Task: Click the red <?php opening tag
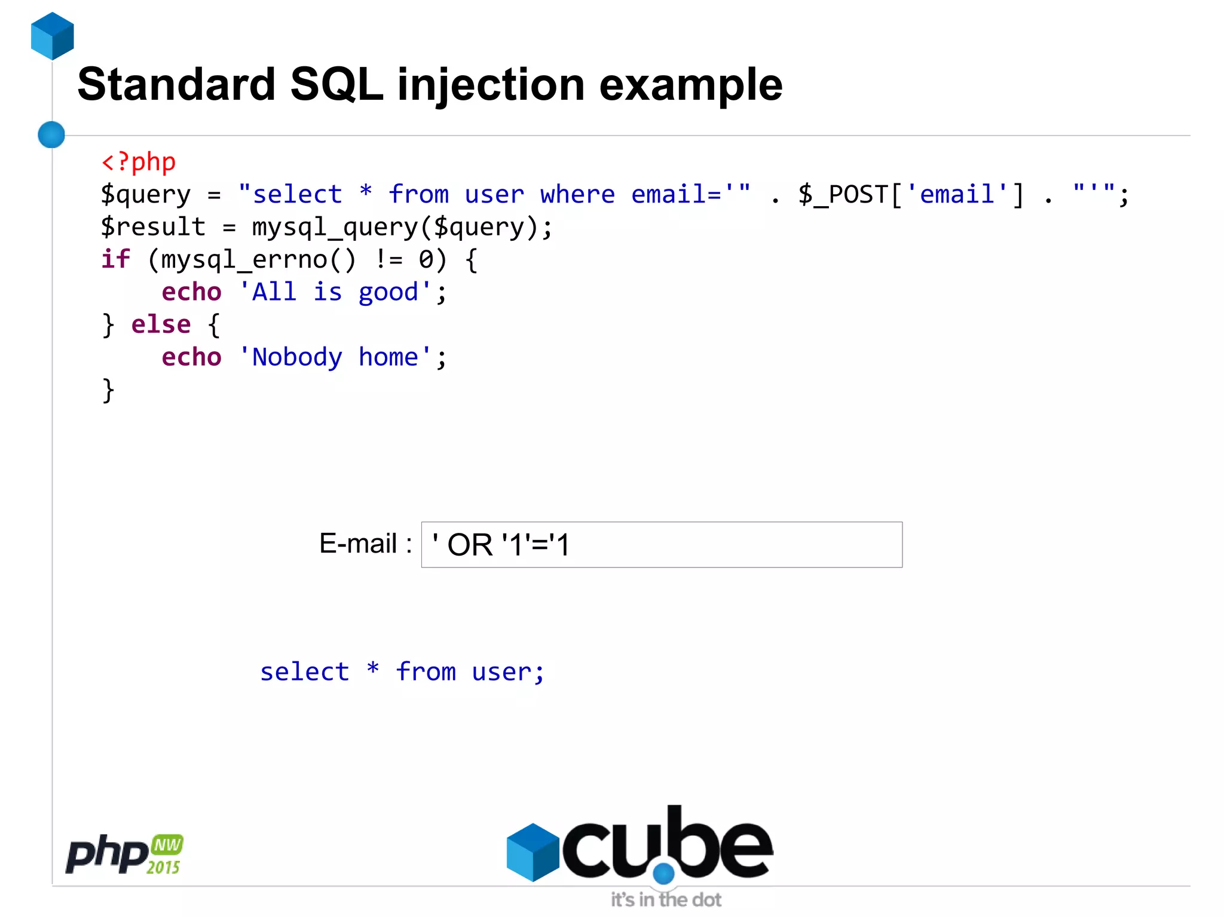[x=139, y=162]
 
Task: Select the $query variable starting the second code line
[x=146, y=195]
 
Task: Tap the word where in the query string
[x=577, y=195]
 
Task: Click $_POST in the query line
[x=843, y=195]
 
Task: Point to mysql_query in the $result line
[x=335, y=228]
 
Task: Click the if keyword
[x=115, y=259]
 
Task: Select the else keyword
[x=161, y=324]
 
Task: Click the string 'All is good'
[x=335, y=292]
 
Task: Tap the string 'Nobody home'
[x=335, y=357]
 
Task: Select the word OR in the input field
[x=470, y=545]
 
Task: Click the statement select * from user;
[x=402, y=672]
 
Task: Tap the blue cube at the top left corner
[x=53, y=36]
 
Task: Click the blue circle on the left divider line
[x=51, y=134]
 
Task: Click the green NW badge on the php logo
[x=167, y=845]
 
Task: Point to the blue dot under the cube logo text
[x=663, y=873]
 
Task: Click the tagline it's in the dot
[x=666, y=900]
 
